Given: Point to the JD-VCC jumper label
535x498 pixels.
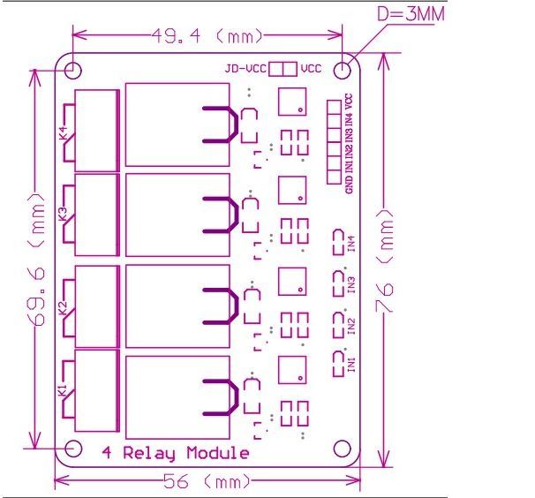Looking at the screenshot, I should point(245,69).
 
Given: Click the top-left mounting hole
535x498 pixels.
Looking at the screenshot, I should point(73,69).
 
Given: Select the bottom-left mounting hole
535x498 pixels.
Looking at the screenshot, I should point(73,449).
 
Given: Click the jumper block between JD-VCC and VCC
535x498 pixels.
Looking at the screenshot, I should point(283,69).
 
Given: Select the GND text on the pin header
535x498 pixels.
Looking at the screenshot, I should point(350,184).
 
